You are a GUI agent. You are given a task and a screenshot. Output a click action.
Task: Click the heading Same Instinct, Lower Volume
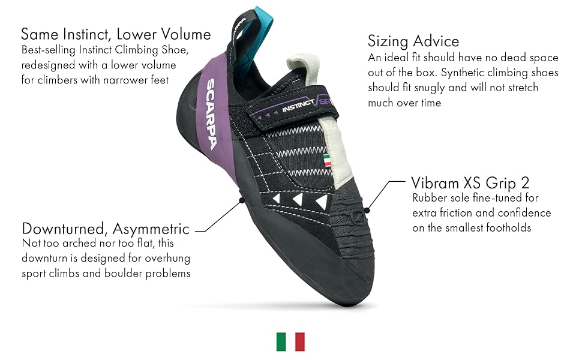116,33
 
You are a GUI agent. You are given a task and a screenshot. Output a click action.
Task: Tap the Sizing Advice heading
413,41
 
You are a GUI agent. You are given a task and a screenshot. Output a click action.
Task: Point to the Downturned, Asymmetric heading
106,229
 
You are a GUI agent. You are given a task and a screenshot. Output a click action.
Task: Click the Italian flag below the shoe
290,341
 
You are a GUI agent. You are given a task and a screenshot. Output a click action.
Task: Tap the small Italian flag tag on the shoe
327,160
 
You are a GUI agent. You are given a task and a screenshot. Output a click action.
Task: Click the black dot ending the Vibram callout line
367,209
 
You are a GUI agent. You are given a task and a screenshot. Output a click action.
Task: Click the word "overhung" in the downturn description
169,259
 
